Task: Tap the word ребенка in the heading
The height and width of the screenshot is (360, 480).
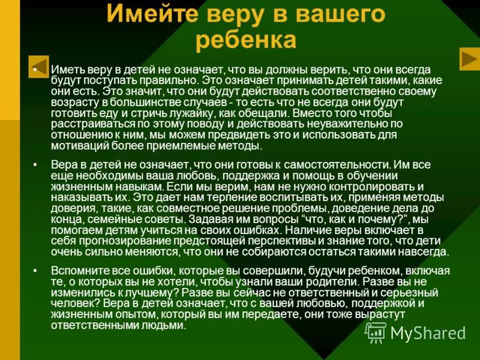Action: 246,40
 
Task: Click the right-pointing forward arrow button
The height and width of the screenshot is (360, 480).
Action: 469,58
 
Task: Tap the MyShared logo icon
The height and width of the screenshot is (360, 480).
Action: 376,332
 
